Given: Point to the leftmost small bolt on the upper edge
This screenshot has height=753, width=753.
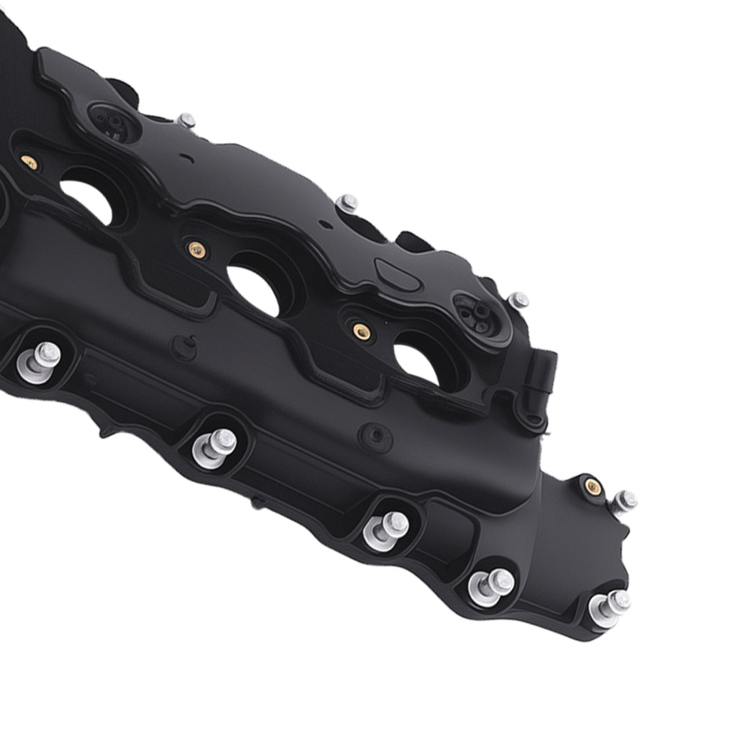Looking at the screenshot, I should (186, 120).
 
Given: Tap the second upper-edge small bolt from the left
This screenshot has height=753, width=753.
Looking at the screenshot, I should (348, 203).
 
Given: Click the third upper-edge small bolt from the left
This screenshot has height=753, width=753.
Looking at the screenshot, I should (518, 300).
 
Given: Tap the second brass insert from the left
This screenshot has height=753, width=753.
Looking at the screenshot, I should (196, 248).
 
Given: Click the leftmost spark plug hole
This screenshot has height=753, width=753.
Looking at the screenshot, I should (87, 200).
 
